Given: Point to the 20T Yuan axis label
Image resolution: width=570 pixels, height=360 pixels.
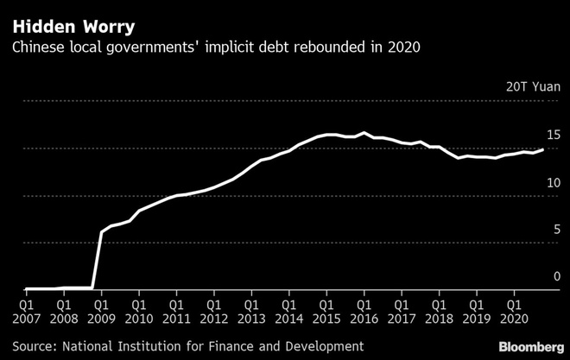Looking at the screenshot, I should point(534,86).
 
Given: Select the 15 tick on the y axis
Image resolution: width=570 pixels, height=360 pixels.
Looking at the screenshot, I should point(554,135).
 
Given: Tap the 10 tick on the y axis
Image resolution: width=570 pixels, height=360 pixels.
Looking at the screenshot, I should point(554,182).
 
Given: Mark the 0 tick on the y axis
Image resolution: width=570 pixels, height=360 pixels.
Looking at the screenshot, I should point(557,276).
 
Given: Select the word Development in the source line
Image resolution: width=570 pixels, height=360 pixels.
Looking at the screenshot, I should point(320,345).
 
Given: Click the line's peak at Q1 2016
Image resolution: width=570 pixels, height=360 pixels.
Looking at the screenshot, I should point(364,133).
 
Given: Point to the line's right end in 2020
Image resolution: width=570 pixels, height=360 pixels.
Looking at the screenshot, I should point(542,149).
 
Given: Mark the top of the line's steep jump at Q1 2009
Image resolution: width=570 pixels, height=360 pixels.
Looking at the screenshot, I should point(102,231).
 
